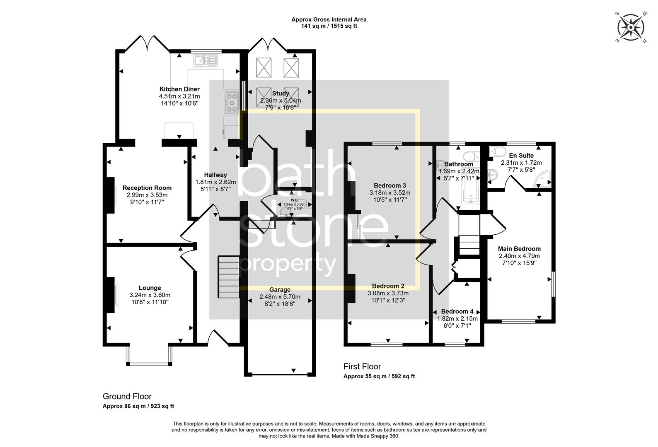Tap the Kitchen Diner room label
[x=179, y=89]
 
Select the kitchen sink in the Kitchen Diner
[x=205, y=61]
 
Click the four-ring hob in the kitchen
[x=232, y=102]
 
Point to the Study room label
[x=281, y=94]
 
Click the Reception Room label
[x=147, y=188]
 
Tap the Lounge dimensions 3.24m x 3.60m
[x=150, y=295]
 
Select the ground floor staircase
[x=229, y=276]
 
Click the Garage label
[x=280, y=290]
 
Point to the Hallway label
[x=215, y=175]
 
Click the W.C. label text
[x=295, y=199]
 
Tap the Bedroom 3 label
[x=389, y=185]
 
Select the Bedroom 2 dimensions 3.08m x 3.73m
[x=388, y=293]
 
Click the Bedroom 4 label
[x=457, y=312]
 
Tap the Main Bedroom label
[x=519, y=249]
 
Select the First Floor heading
[x=362, y=366]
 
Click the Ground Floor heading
[x=127, y=396]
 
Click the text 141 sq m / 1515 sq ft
[x=329, y=26]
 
